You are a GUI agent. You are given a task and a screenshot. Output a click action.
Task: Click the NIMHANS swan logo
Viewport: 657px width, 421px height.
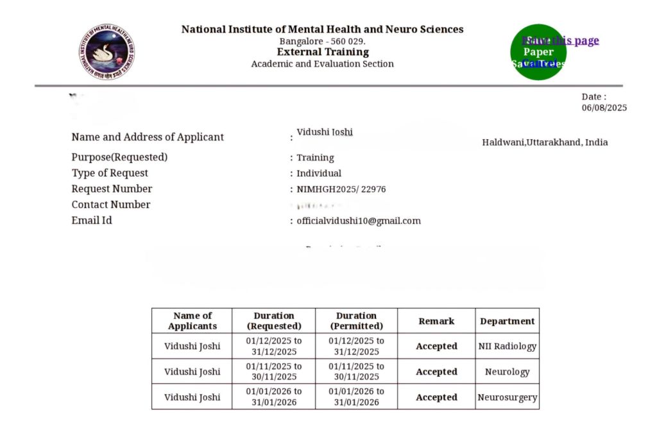click(x=107, y=52)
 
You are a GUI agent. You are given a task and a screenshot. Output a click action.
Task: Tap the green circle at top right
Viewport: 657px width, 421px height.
click(x=538, y=52)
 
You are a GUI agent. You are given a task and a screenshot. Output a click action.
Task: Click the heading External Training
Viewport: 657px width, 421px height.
click(x=323, y=52)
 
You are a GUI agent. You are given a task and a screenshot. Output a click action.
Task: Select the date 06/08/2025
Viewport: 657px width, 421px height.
click(x=604, y=108)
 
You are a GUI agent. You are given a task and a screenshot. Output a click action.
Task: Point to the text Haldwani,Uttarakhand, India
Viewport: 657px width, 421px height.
click(x=545, y=142)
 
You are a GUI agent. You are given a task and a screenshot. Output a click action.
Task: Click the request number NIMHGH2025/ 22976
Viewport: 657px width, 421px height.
click(x=341, y=189)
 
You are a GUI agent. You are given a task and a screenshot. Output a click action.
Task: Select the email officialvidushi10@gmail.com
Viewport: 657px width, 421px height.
click(x=358, y=221)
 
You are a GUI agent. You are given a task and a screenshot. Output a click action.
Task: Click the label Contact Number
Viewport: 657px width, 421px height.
click(x=111, y=205)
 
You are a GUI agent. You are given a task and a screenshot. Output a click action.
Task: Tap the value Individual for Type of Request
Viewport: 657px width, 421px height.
click(x=319, y=173)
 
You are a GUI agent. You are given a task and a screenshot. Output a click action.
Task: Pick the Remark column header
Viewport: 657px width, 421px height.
click(x=436, y=321)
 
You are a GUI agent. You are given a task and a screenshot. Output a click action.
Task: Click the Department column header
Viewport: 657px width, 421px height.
click(x=507, y=321)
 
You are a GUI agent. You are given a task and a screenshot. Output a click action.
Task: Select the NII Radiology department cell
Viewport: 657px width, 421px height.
click(x=507, y=346)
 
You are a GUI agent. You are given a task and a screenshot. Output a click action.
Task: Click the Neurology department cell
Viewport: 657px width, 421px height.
click(x=507, y=372)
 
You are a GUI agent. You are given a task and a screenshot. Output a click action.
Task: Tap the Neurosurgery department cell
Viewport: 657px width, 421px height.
click(x=507, y=397)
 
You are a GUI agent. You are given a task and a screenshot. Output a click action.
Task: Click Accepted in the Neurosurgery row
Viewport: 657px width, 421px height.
click(x=436, y=397)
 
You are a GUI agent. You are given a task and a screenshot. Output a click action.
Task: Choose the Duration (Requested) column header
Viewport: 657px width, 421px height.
click(x=274, y=321)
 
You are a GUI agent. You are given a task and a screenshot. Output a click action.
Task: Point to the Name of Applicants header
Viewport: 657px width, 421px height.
click(x=192, y=321)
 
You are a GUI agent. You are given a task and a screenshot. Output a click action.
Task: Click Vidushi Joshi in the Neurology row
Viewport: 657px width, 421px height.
click(x=192, y=372)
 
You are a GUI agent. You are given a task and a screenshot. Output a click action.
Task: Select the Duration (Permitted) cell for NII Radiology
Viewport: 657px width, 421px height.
click(x=356, y=346)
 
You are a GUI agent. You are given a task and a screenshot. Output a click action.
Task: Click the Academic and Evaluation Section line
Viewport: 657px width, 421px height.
click(x=323, y=64)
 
